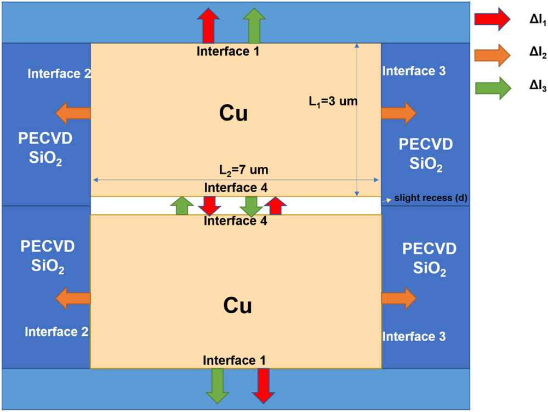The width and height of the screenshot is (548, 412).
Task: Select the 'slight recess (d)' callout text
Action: click(430, 198)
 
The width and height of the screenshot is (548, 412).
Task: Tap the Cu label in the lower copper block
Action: click(237, 306)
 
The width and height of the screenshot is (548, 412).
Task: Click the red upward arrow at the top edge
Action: click(209, 26)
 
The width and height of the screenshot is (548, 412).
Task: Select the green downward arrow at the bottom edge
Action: click(218, 385)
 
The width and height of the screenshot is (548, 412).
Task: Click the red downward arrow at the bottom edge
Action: click(264, 385)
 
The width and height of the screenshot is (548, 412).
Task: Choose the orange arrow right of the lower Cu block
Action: click(398, 298)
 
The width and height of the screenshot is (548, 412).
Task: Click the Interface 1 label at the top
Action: click(227, 52)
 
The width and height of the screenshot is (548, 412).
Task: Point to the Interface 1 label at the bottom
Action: click(235, 360)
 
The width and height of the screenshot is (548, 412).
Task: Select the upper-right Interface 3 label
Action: click(414, 71)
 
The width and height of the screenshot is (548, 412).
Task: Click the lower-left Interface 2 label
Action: click(56, 331)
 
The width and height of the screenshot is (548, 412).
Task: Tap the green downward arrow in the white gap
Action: click(251, 206)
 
